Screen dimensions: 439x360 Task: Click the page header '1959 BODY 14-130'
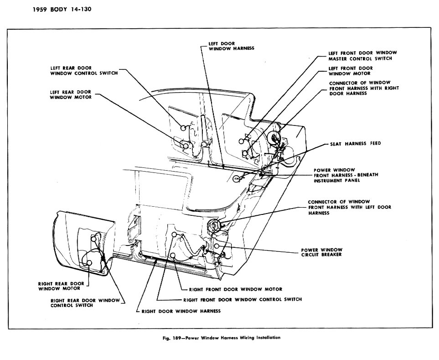click(x=62, y=9)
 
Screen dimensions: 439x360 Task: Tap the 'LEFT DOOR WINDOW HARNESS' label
click(x=231, y=46)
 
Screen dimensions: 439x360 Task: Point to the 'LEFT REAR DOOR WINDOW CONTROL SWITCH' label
click(x=84, y=71)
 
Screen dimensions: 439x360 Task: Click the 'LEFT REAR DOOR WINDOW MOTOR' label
click(x=71, y=95)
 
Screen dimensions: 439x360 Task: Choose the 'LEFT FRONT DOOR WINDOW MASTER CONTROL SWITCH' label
click(x=362, y=56)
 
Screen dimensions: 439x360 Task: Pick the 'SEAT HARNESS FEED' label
click(x=356, y=144)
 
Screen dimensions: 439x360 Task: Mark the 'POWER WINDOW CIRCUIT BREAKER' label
click(x=322, y=252)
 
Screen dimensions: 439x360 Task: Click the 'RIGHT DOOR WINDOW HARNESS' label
click(x=181, y=311)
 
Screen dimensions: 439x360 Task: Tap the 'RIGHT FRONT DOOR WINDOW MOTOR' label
click(x=236, y=289)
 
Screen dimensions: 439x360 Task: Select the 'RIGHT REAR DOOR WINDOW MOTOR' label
click(x=61, y=286)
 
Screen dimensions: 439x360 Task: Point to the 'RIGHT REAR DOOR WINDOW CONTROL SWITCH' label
click(x=85, y=303)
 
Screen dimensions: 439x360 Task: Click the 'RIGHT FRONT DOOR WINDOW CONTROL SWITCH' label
click(x=243, y=299)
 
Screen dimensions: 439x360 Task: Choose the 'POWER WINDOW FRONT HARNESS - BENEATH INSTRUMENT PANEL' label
click(x=346, y=175)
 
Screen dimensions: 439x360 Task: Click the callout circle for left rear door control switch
click(x=183, y=128)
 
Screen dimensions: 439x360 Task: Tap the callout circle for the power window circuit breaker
click(x=217, y=245)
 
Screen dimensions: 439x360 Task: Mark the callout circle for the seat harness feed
click(x=236, y=178)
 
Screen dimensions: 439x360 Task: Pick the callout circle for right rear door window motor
click(x=89, y=263)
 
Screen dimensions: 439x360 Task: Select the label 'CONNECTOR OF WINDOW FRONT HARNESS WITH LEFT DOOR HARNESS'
click(x=350, y=207)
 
